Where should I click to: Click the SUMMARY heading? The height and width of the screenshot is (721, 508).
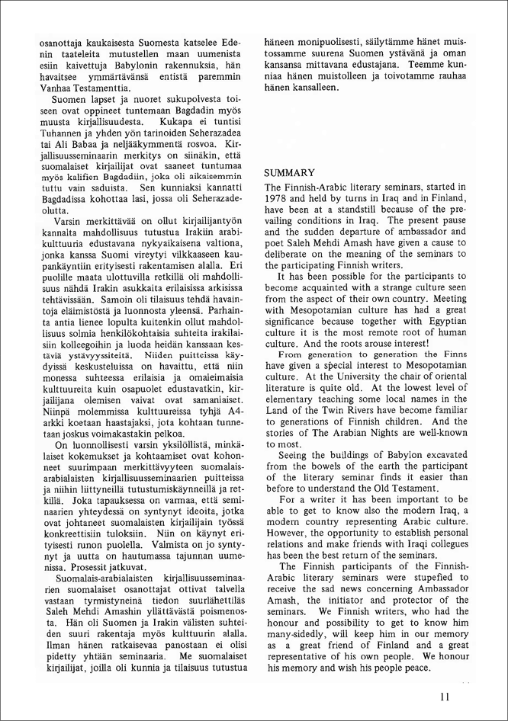click(x=290, y=173)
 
